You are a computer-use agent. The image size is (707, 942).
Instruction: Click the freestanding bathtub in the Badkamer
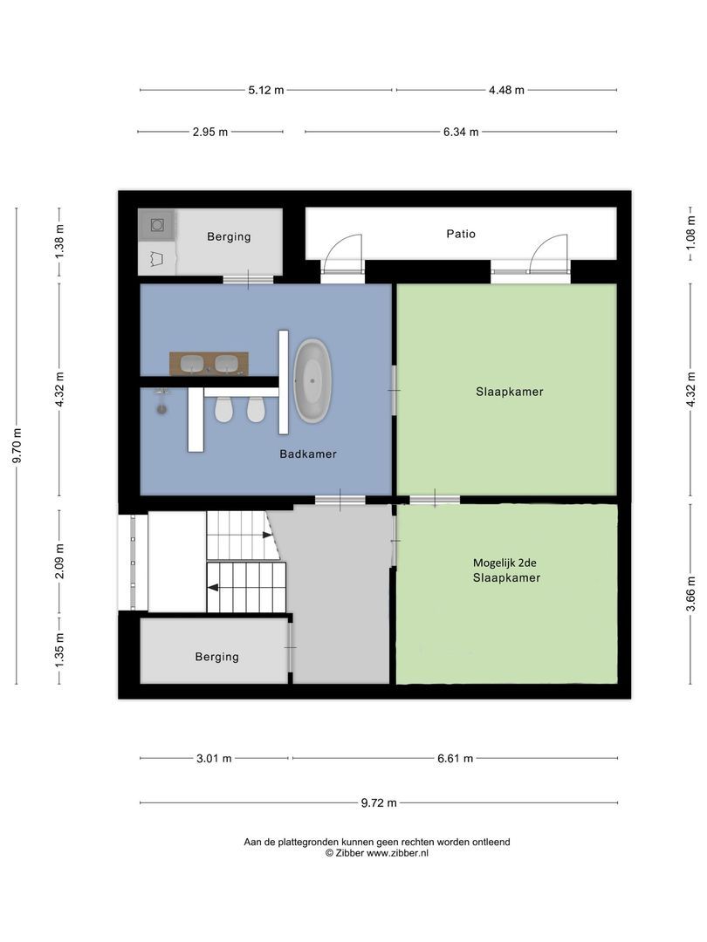[x=312, y=380]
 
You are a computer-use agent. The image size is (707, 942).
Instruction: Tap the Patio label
[x=461, y=234]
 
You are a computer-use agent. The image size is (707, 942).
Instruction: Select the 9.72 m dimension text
[x=379, y=802]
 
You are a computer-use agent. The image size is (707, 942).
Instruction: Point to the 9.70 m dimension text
[x=17, y=445]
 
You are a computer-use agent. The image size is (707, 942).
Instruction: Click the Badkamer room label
[x=308, y=454]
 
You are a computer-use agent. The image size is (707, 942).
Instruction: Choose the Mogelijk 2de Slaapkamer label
[x=506, y=570]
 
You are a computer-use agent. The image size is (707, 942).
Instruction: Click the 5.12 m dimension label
[x=265, y=90]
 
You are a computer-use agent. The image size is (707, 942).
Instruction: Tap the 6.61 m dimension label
[x=455, y=758]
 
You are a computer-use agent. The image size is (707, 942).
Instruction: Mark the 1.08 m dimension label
[x=690, y=234]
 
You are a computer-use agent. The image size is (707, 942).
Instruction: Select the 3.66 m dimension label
[x=690, y=593]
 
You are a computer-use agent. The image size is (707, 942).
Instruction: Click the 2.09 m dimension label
[x=59, y=561]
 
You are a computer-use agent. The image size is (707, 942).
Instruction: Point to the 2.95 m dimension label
[x=210, y=132]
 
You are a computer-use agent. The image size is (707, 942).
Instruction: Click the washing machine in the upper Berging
[x=157, y=225]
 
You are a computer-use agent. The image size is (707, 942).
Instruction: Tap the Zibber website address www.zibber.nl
[x=397, y=852]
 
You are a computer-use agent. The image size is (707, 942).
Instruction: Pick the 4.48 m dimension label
[x=506, y=90]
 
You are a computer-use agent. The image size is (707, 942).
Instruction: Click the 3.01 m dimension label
[x=214, y=758]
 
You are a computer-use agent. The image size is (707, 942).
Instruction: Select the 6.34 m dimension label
[x=461, y=132]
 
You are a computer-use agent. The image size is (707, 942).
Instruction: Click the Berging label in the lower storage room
[x=216, y=657]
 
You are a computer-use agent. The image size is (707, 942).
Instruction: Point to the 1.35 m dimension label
[x=59, y=650]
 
